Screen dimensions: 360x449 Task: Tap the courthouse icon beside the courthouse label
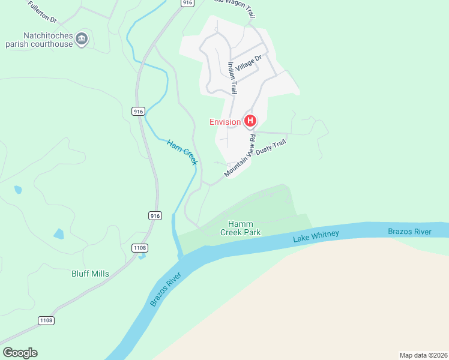tap(82, 40)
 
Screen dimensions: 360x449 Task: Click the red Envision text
tap(225, 122)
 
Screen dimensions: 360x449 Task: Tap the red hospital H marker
tap(250, 121)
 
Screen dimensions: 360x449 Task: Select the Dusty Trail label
tap(271, 148)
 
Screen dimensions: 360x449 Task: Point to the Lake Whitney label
tap(316, 236)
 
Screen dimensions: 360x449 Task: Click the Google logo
tap(20, 353)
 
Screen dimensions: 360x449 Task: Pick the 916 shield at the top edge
tap(188, 3)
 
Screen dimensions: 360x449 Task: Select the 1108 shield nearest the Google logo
tap(46, 321)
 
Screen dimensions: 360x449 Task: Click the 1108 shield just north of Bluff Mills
tap(140, 248)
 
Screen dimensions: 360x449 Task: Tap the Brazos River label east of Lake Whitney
tap(409, 232)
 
